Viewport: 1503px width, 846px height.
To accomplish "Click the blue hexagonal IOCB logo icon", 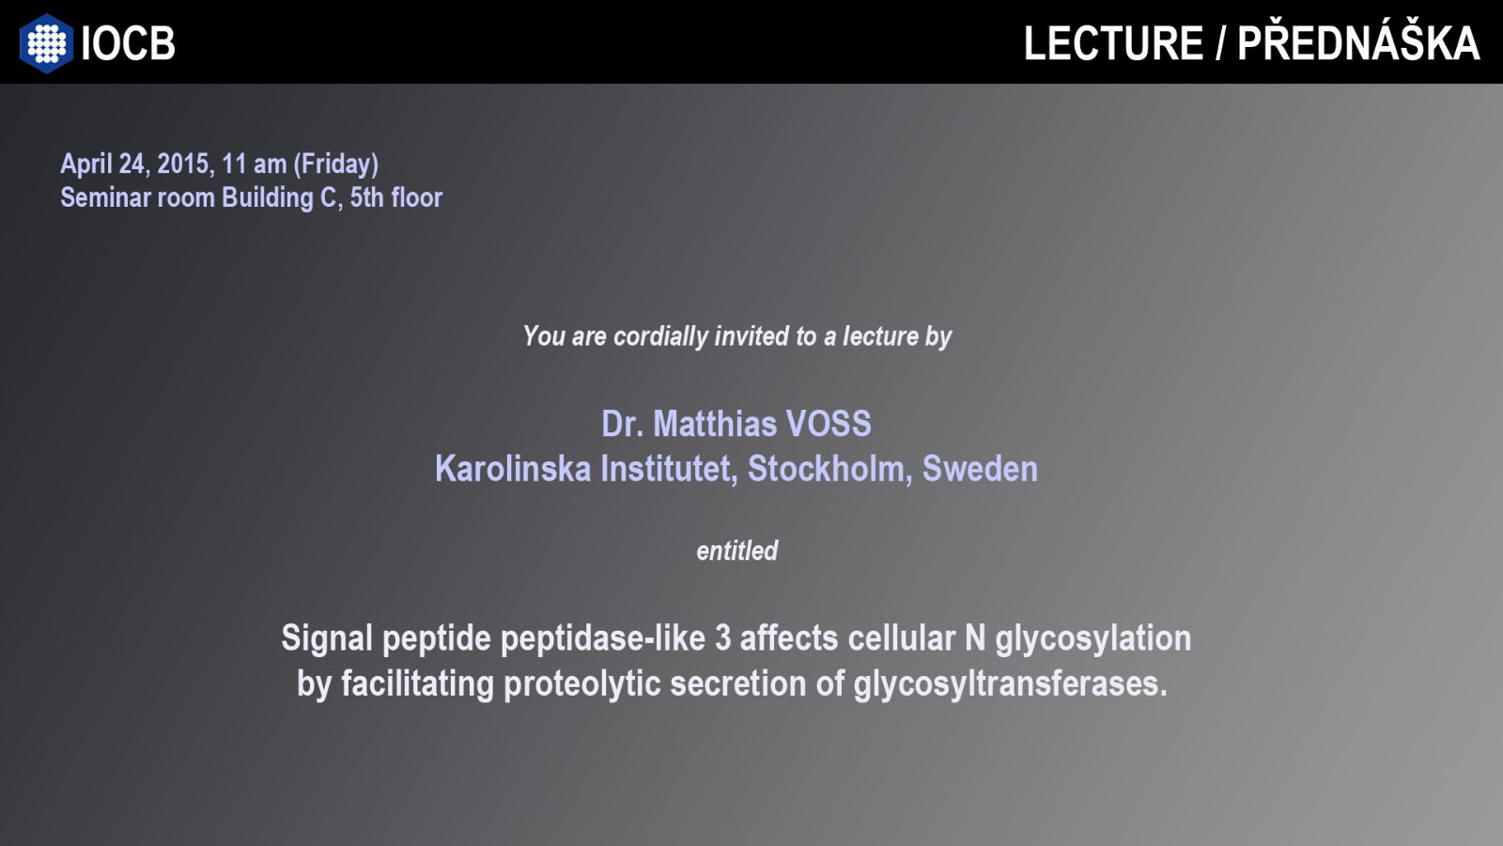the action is tap(46, 43).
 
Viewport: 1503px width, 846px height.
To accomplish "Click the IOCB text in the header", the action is tap(128, 43).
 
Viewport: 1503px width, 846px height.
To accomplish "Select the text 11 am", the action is tap(255, 164).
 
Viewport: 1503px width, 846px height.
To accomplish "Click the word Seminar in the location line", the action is tap(105, 197).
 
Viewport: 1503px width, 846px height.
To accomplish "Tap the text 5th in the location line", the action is tap(367, 197).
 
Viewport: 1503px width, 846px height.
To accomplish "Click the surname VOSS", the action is tap(829, 424).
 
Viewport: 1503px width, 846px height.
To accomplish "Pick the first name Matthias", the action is tap(715, 424).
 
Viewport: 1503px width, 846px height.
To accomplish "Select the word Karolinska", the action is tap(513, 469).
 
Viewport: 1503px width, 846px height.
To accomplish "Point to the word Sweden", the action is tap(981, 469).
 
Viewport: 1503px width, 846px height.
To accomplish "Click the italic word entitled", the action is tap(737, 551).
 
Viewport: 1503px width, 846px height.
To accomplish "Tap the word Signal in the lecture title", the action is tap(327, 639).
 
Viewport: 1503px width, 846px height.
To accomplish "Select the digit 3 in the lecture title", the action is tap(722, 638).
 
